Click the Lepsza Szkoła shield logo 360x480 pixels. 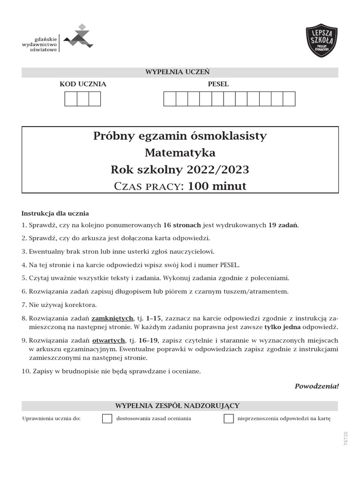point(321,41)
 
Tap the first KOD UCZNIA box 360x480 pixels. point(71,99)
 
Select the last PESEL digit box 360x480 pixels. point(289,99)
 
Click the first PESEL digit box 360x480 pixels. point(170,99)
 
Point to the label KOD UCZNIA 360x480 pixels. point(83,84)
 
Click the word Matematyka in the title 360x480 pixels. point(180,153)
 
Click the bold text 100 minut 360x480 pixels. point(217,186)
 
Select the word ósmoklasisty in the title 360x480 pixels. point(236,136)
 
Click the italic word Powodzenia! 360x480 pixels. point(316,386)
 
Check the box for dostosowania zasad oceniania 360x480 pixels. point(107,419)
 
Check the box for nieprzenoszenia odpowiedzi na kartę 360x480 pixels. point(229,419)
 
